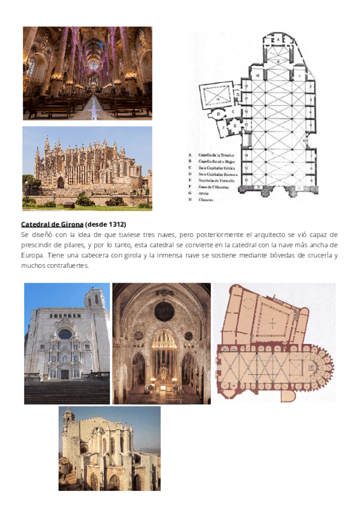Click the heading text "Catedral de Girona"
click(x=52, y=224)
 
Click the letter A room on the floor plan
click(x=279, y=40)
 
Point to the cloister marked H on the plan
click(x=219, y=97)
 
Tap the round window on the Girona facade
click(x=65, y=334)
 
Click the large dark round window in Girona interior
click(x=163, y=311)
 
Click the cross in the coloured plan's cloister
click(x=273, y=322)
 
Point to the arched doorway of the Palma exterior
click(x=60, y=181)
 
